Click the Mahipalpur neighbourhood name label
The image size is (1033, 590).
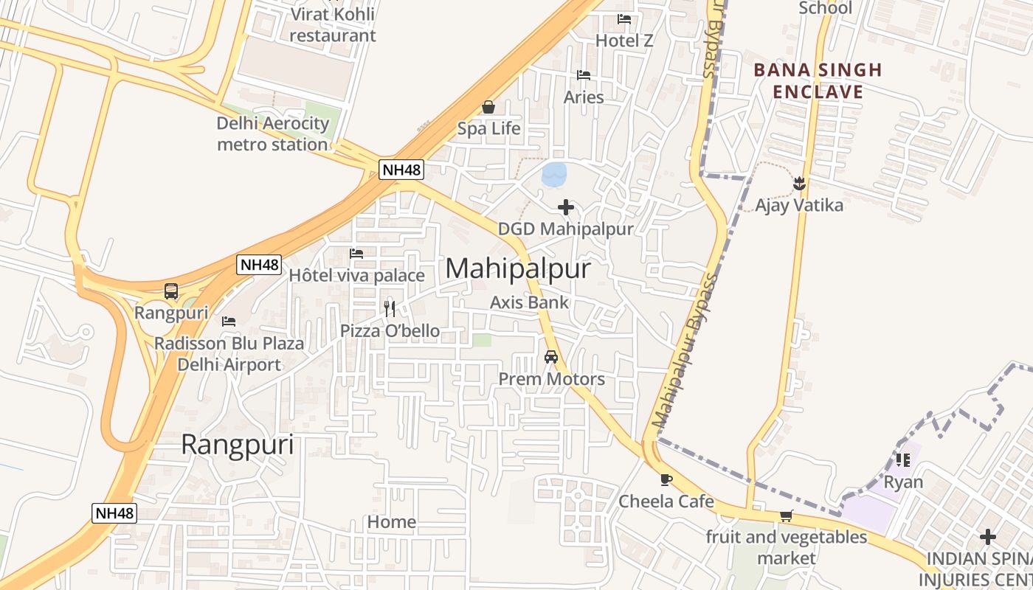click(x=517, y=268)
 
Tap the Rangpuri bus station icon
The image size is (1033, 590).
click(x=171, y=291)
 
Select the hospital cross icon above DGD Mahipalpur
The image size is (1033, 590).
click(x=566, y=207)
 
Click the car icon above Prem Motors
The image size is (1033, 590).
click(x=550, y=357)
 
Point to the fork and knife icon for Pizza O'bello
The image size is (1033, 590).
click(x=390, y=308)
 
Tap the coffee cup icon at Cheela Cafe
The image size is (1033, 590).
click(x=666, y=479)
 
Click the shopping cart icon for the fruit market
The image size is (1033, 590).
click(x=786, y=516)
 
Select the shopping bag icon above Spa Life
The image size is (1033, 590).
click(x=488, y=107)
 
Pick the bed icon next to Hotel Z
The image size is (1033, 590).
click(x=624, y=19)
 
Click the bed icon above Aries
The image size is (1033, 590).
click(x=584, y=75)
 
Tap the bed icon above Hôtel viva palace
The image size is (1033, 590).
click(x=356, y=254)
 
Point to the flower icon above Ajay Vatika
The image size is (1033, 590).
click(x=799, y=182)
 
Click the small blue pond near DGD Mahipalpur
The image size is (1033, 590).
click(x=554, y=174)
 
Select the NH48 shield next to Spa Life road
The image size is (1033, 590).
click(x=402, y=170)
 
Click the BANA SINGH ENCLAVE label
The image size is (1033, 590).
click(x=818, y=81)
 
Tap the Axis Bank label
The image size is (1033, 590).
click(x=530, y=302)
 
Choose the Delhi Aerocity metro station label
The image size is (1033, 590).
click(x=272, y=133)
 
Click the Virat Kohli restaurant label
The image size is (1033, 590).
click(x=332, y=24)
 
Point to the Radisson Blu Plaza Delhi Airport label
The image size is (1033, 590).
click(x=229, y=354)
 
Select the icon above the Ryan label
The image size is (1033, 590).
click(x=902, y=460)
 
